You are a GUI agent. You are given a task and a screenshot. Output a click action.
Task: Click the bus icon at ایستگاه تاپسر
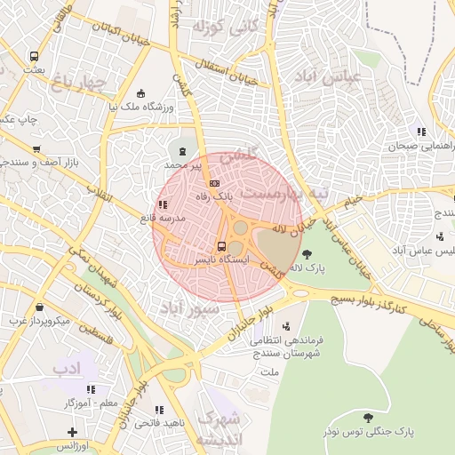[x=221, y=247]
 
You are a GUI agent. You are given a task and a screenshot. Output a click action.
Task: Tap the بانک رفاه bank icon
[x=213, y=182]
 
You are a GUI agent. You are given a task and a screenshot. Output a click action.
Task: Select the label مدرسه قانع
[x=161, y=218]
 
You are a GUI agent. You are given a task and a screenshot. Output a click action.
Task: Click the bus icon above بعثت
[x=34, y=55]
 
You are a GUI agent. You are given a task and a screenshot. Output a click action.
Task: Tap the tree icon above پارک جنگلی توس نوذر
[x=367, y=417]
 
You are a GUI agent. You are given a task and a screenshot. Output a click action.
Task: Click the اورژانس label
[x=72, y=445]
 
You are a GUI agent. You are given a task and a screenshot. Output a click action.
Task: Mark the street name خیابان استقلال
[x=228, y=69]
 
